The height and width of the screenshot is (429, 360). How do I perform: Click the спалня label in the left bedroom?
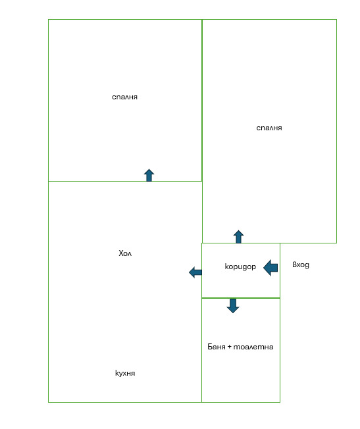(x=124, y=97)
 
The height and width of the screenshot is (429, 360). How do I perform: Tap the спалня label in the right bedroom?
(x=269, y=128)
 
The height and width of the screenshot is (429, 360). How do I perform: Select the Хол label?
(x=125, y=253)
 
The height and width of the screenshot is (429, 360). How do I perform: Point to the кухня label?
(x=125, y=373)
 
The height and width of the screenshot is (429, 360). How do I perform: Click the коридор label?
(x=240, y=266)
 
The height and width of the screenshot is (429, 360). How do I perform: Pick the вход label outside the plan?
(x=301, y=265)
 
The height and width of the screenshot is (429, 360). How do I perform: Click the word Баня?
(x=217, y=347)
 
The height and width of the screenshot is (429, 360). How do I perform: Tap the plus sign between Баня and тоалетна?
(x=230, y=347)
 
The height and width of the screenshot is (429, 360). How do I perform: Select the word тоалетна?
(x=253, y=347)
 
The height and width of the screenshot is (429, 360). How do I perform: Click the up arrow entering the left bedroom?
(x=149, y=175)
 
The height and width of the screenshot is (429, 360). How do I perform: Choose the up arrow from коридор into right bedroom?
(x=238, y=237)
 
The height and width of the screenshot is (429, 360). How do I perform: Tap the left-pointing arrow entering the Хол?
(x=195, y=272)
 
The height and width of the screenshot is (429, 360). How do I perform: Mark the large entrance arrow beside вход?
(x=270, y=268)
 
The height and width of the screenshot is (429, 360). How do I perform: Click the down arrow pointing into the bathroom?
(x=233, y=306)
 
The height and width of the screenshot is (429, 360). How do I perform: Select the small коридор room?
(x=241, y=270)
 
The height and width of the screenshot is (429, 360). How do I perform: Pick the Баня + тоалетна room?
(x=241, y=350)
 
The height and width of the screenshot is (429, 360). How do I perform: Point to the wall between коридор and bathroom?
(x=241, y=298)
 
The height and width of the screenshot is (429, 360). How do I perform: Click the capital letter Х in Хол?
(x=121, y=253)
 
